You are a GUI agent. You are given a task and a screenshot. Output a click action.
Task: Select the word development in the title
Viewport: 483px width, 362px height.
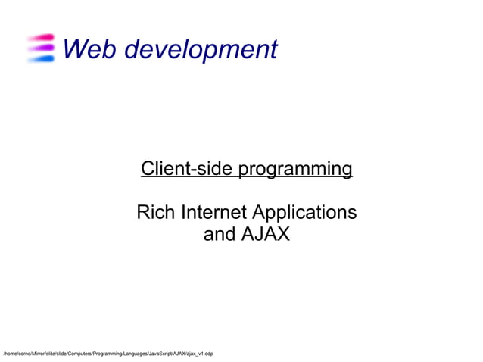pyautogui.click(x=200, y=50)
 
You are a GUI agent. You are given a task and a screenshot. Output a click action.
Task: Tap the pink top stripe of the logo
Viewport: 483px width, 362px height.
pyautogui.click(x=41, y=37)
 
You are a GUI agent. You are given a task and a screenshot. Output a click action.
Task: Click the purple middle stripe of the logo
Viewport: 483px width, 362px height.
pyautogui.click(x=41, y=48)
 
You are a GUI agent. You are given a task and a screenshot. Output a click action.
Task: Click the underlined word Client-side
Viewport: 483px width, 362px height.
pyautogui.click(x=188, y=168)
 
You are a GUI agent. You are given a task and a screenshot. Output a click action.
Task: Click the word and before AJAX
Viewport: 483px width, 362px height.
pyautogui.click(x=220, y=234)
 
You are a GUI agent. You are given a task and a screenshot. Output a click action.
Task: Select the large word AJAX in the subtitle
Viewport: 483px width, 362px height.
pyautogui.click(x=265, y=234)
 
